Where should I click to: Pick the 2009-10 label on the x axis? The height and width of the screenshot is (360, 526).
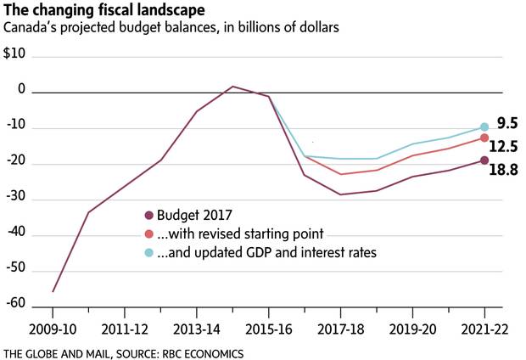point(53,327)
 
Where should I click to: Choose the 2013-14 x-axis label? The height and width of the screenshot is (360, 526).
point(197,327)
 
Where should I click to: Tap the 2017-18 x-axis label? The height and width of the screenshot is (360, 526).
point(340,327)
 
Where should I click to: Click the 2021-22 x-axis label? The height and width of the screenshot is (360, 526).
point(484,327)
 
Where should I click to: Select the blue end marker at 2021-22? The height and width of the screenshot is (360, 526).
point(484,127)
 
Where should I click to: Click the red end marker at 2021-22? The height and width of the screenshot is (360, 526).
point(484,138)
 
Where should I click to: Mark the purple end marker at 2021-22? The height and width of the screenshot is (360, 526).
point(484,160)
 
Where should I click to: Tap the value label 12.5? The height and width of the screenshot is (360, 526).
point(508,146)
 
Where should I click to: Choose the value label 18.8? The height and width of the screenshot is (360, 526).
point(506,170)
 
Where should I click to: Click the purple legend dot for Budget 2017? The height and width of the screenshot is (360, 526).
point(150,215)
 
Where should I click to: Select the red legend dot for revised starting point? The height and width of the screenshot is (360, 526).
point(150,233)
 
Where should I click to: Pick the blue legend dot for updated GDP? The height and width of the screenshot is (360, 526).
point(150,251)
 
